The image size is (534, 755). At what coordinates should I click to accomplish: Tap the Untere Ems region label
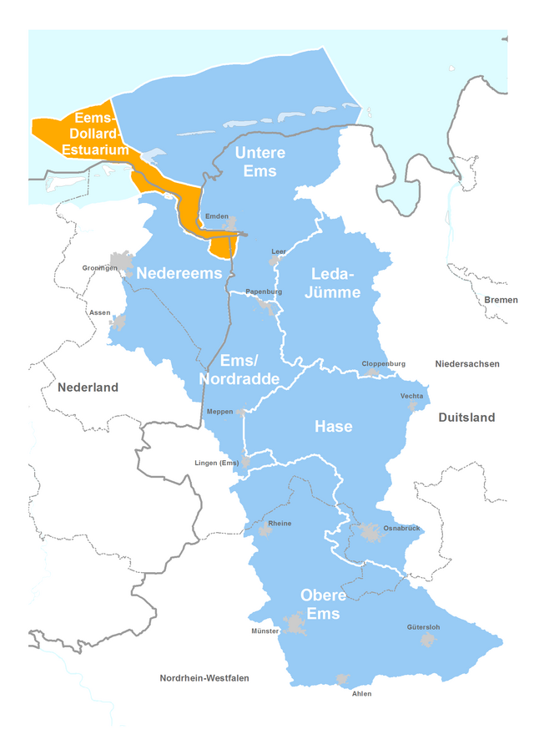click(x=259, y=162)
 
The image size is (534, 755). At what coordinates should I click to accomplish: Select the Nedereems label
click(x=179, y=273)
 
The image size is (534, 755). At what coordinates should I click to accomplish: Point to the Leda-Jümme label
click(x=335, y=283)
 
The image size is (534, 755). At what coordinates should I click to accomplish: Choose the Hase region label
click(x=333, y=427)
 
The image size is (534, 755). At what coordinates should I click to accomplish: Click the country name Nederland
click(x=88, y=388)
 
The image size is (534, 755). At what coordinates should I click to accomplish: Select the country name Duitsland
click(x=466, y=418)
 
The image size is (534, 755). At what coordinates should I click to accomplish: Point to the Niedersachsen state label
click(x=466, y=364)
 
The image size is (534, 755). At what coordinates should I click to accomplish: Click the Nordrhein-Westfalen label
click(x=204, y=678)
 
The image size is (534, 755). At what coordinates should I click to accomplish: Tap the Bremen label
click(x=501, y=300)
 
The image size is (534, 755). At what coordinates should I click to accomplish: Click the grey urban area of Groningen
click(x=123, y=261)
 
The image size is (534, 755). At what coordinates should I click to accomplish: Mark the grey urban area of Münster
click(x=294, y=623)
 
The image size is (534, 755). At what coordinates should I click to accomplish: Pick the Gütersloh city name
click(x=423, y=627)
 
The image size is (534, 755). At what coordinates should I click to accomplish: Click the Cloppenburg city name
click(x=383, y=364)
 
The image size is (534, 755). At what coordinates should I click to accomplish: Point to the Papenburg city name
click(x=264, y=291)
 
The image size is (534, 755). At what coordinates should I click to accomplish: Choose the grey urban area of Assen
click(x=119, y=322)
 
